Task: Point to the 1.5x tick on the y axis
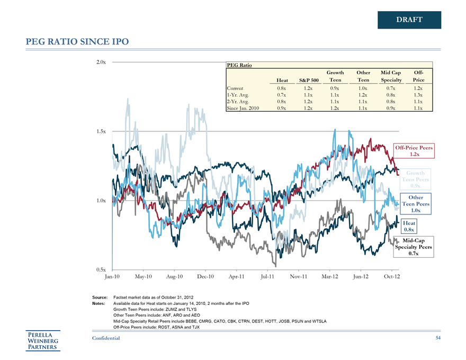(x=101, y=131)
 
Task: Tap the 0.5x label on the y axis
(x=101, y=270)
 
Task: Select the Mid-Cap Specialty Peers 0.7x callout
(x=414, y=247)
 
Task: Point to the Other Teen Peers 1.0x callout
(x=416, y=204)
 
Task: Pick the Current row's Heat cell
(x=281, y=88)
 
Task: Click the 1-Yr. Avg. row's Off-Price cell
(x=418, y=95)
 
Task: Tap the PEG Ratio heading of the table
(x=239, y=65)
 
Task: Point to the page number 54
(x=438, y=338)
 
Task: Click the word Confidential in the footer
(x=105, y=338)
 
